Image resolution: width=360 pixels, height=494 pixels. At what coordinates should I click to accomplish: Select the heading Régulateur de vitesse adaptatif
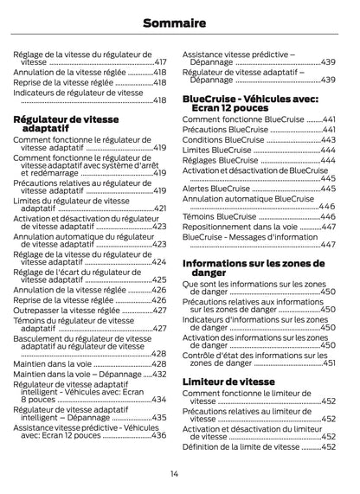[68, 123]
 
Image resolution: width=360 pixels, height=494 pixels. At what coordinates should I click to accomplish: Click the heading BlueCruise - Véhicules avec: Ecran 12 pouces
[250, 104]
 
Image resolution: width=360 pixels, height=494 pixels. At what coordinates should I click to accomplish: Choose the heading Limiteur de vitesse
[228, 382]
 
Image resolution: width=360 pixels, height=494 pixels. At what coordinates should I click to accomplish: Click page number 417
[160, 63]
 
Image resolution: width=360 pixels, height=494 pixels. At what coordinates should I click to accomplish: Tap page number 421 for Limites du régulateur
[160, 209]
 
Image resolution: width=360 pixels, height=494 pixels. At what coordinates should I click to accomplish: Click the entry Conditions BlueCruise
[223, 139]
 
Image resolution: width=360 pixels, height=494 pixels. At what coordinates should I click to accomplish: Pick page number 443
[329, 139]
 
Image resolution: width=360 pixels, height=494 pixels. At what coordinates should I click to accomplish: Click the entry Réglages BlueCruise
[220, 160]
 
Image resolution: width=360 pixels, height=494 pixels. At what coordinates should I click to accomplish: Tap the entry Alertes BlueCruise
[216, 189]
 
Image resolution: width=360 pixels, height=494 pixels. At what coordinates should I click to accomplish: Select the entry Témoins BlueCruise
[220, 216]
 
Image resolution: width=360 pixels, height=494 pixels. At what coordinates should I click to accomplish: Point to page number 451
[329, 363]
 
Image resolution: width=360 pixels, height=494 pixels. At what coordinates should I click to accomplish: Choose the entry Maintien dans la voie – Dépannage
[76, 375]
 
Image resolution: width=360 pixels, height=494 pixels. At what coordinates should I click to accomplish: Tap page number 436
[159, 436]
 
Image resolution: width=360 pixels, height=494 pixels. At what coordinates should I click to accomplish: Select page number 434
[159, 400]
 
